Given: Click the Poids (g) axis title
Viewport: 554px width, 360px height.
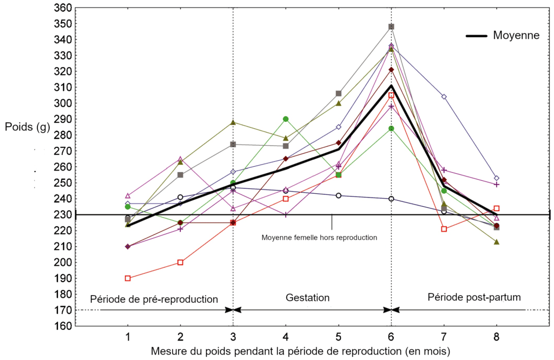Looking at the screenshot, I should pyautogui.click(x=28, y=128).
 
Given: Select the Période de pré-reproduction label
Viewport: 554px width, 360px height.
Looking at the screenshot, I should pyautogui.click(x=154, y=299).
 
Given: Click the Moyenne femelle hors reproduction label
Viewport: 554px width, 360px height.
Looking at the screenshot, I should pyautogui.click(x=319, y=237).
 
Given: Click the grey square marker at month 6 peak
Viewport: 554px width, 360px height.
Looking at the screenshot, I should pyautogui.click(x=391, y=27).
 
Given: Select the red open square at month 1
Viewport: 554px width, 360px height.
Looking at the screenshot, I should pyautogui.click(x=128, y=278).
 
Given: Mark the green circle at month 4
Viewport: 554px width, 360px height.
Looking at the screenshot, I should pyautogui.click(x=286, y=119).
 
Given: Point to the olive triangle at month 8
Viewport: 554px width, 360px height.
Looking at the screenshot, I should pyautogui.click(x=497, y=242).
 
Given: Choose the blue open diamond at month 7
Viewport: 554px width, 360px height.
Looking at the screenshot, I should pyautogui.click(x=444, y=97).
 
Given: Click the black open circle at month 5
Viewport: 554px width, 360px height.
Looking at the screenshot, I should pyautogui.click(x=339, y=195).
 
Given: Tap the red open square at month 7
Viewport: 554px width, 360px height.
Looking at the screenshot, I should pyautogui.click(x=444, y=229).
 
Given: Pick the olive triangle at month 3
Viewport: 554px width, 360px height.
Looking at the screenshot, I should pyautogui.click(x=233, y=122).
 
